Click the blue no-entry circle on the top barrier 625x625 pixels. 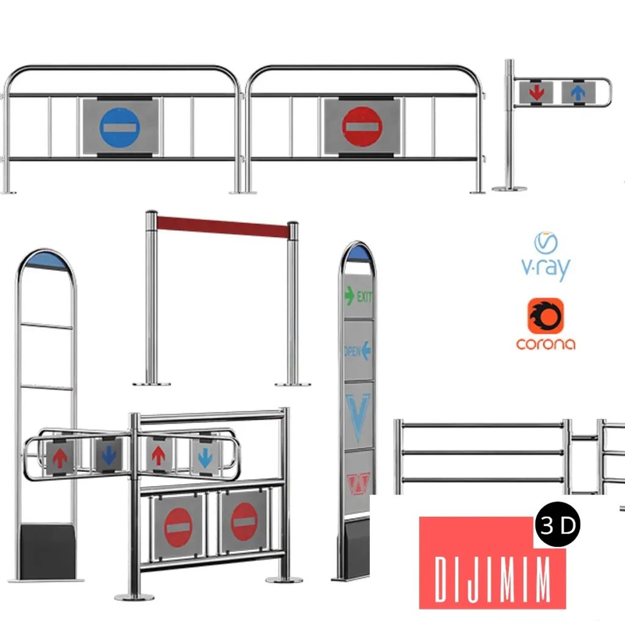point(120,128)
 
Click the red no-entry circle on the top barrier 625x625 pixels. point(362,126)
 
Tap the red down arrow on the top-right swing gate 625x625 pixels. point(536,93)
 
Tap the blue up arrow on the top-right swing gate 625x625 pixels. point(577,93)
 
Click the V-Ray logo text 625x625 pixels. point(546,268)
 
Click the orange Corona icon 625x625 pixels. point(546,316)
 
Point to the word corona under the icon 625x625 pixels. point(546,344)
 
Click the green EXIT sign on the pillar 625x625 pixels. point(358,296)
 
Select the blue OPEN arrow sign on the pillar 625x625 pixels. point(358,351)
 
